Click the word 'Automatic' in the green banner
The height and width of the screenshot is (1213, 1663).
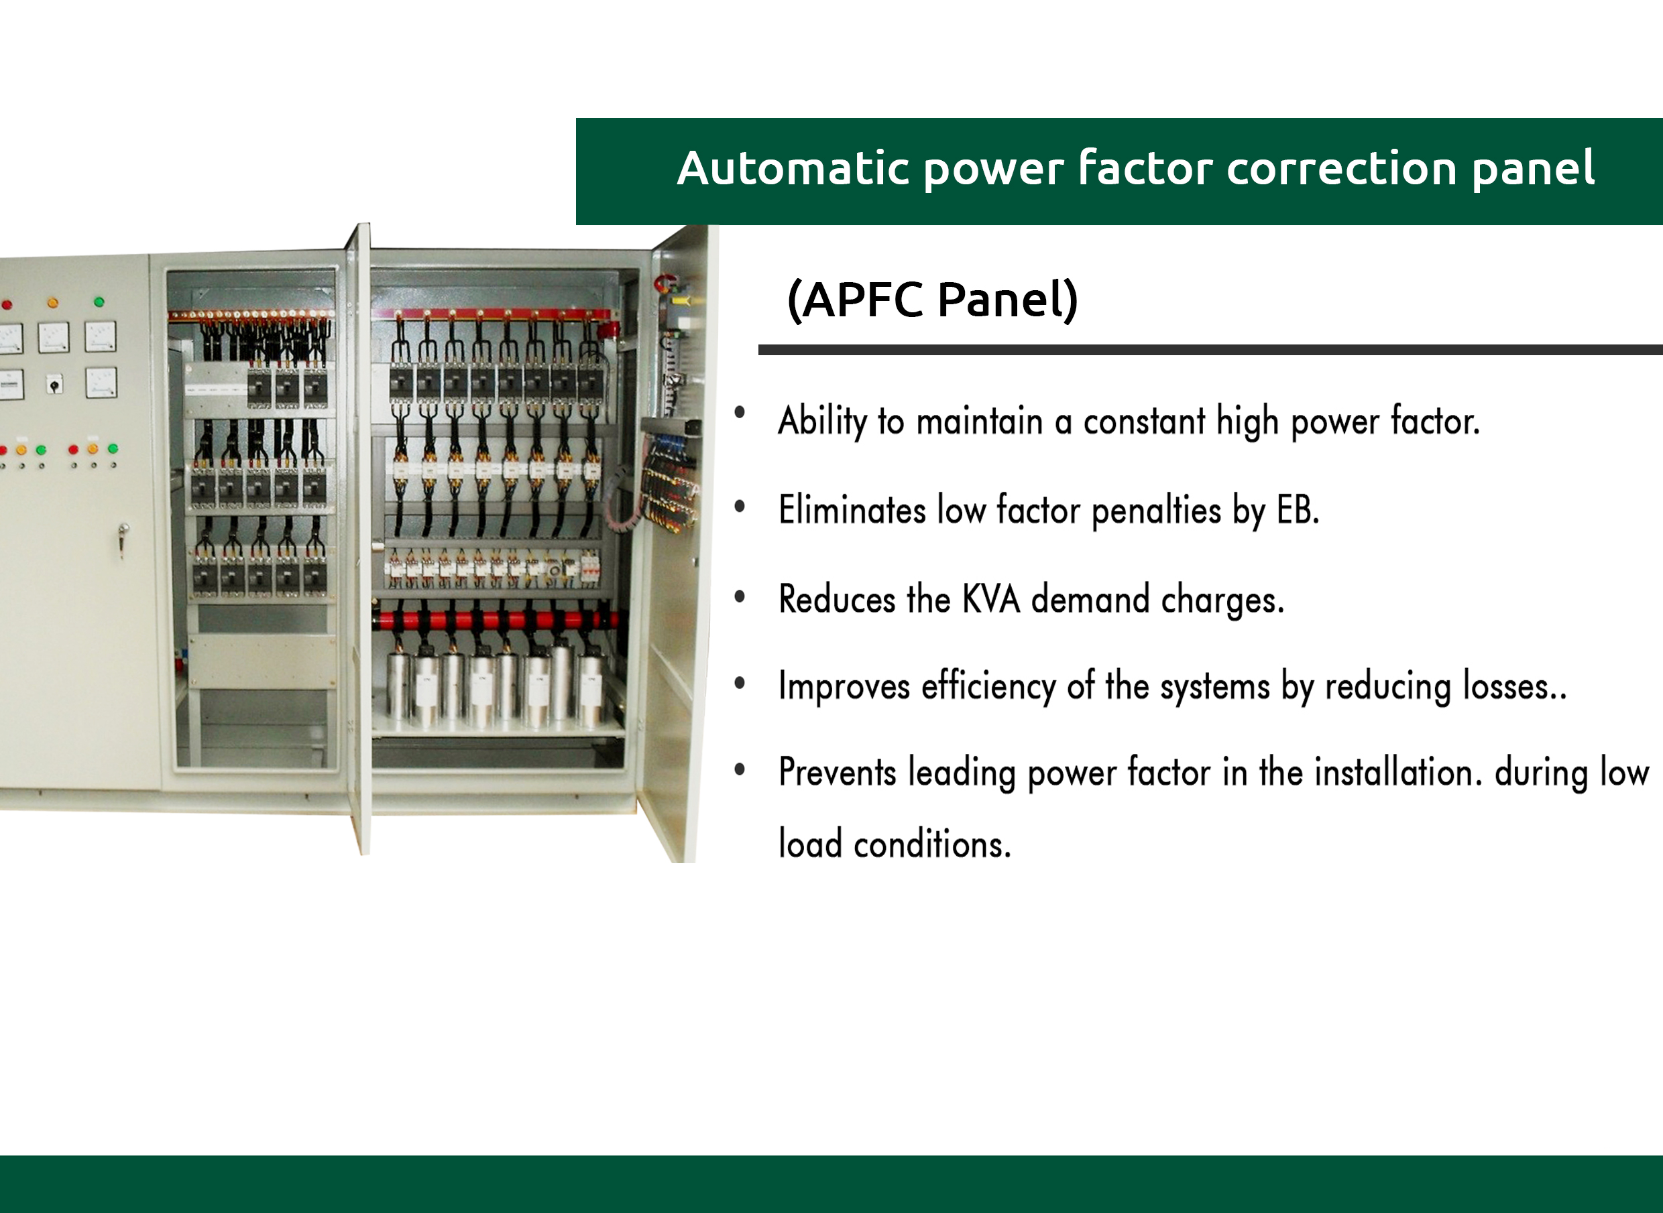tap(792, 168)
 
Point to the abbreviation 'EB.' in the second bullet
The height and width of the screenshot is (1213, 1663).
tap(1298, 510)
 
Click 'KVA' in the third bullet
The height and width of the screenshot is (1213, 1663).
tap(991, 599)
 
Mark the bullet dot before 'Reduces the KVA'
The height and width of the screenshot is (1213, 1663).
tap(740, 596)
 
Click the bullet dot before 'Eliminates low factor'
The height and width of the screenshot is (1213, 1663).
tap(740, 506)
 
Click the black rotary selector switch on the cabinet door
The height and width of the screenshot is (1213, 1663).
tap(54, 383)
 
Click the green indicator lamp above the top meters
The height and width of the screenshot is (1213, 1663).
tap(99, 302)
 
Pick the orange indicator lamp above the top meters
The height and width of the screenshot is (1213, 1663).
tap(52, 302)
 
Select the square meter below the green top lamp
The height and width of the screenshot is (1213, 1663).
tap(101, 336)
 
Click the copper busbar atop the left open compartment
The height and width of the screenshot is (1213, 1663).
tap(251, 315)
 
